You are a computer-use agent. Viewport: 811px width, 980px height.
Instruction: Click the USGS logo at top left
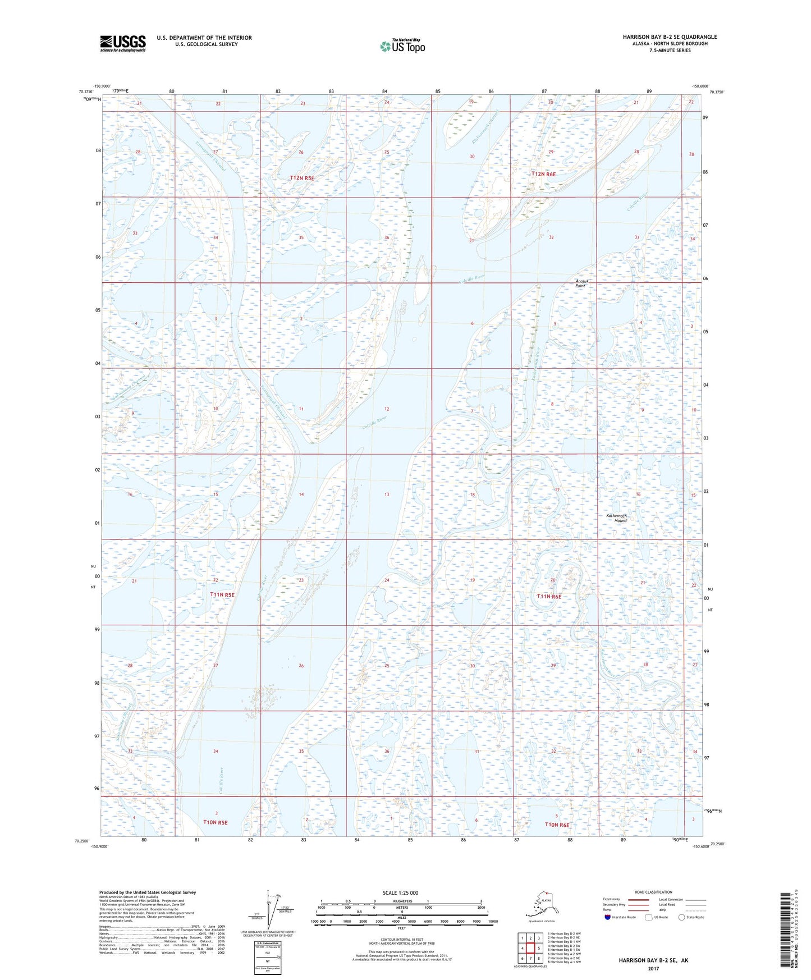(123, 43)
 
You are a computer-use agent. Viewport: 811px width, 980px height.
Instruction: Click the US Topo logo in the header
(402, 46)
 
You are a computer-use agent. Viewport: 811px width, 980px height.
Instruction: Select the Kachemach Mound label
(616, 518)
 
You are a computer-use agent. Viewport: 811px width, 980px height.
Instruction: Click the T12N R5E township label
(302, 178)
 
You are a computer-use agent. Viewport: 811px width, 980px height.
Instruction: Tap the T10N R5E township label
(215, 822)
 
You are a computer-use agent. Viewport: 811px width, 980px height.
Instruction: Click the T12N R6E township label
(543, 174)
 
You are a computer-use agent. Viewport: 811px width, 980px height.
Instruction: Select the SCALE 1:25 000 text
(400, 892)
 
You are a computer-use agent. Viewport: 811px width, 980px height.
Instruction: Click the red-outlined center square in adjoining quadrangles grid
(530, 948)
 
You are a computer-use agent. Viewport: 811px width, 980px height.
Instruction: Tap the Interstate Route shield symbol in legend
(608, 918)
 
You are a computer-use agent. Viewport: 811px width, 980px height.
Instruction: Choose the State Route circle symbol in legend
(682, 918)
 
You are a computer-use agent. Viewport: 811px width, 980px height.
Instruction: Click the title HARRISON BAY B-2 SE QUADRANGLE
(670, 37)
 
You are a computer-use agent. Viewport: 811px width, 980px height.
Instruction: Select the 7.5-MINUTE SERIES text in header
(670, 51)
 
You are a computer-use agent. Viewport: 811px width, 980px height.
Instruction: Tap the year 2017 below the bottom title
(653, 968)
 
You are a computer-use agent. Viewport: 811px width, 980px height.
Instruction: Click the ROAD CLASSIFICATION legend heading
(653, 892)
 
